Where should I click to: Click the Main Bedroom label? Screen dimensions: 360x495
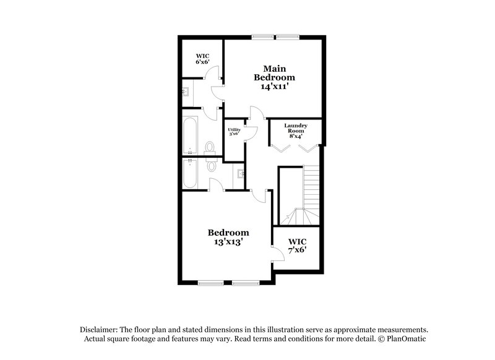click(x=274, y=73)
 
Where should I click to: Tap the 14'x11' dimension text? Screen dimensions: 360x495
click(x=274, y=87)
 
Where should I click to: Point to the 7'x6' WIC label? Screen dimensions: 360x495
click(x=297, y=246)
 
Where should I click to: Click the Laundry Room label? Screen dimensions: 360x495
click(x=296, y=129)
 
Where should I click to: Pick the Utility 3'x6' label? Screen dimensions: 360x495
click(x=233, y=131)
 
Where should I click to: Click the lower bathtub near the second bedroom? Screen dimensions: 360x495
click(x=191, y=174)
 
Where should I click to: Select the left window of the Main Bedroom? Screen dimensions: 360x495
click(x=262, y=37)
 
